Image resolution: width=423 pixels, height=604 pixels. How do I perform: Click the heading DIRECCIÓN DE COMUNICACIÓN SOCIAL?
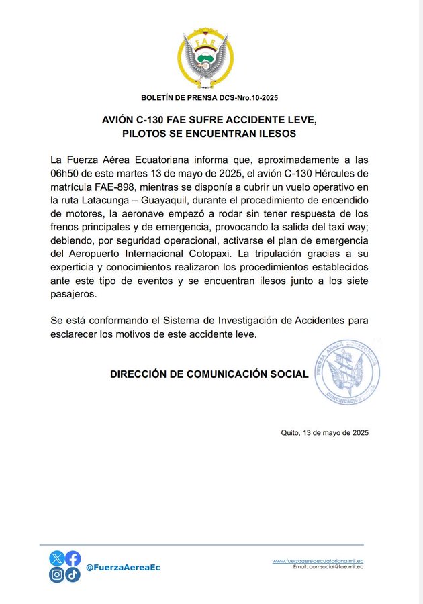209,374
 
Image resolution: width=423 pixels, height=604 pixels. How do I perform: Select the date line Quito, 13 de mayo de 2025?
324,432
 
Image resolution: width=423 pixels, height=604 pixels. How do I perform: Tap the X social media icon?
57,558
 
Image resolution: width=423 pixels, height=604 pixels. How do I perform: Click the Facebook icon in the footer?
73,558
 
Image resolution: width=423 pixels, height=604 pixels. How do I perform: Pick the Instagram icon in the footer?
57,574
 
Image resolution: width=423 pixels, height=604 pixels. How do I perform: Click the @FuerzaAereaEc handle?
123,568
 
